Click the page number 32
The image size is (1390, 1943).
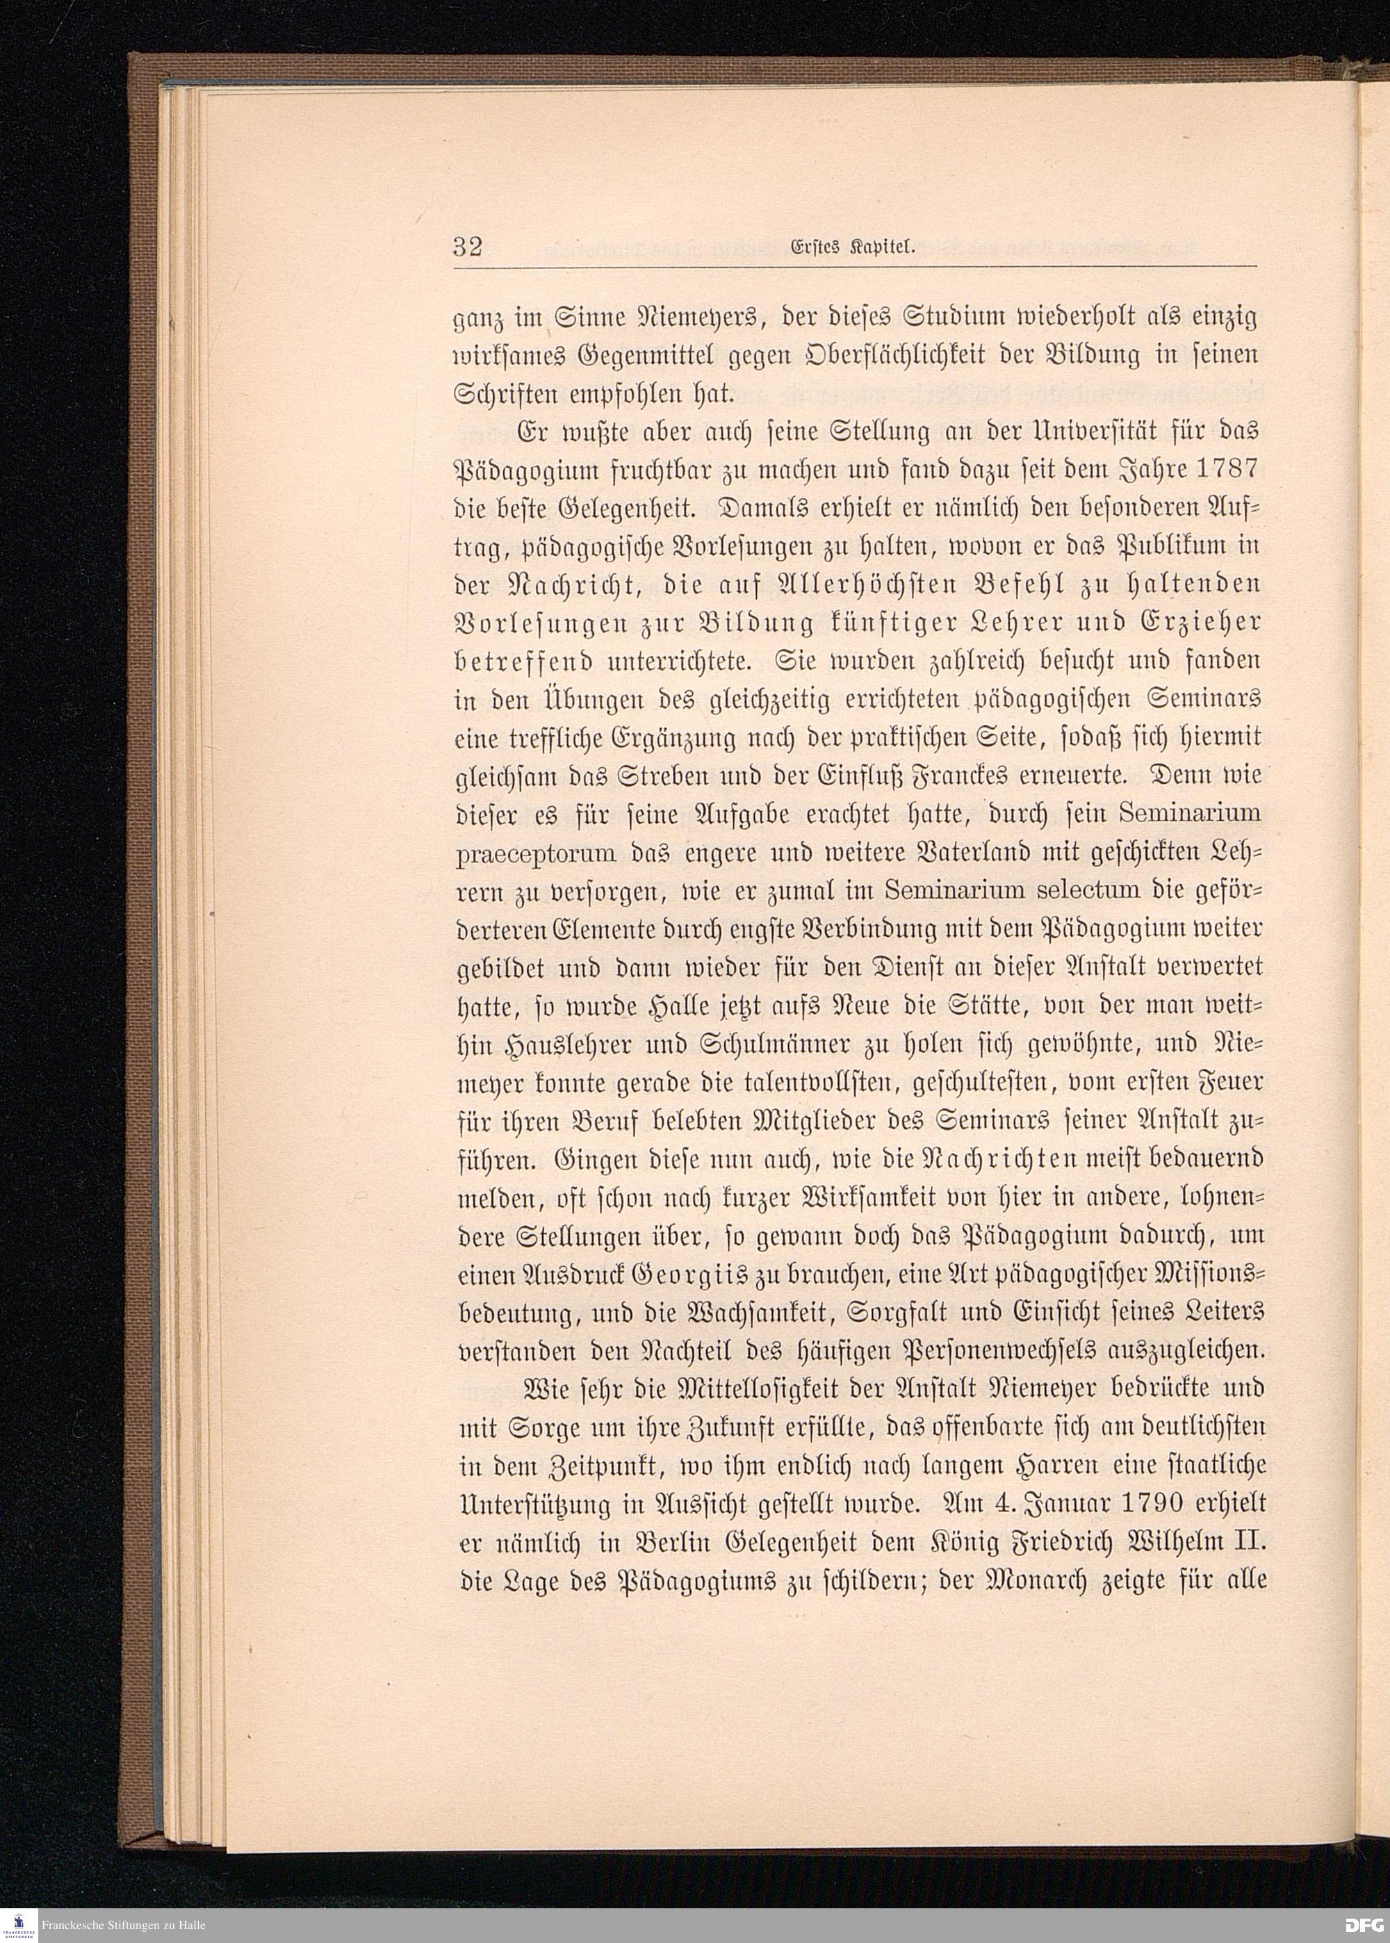tap(468, 248)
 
